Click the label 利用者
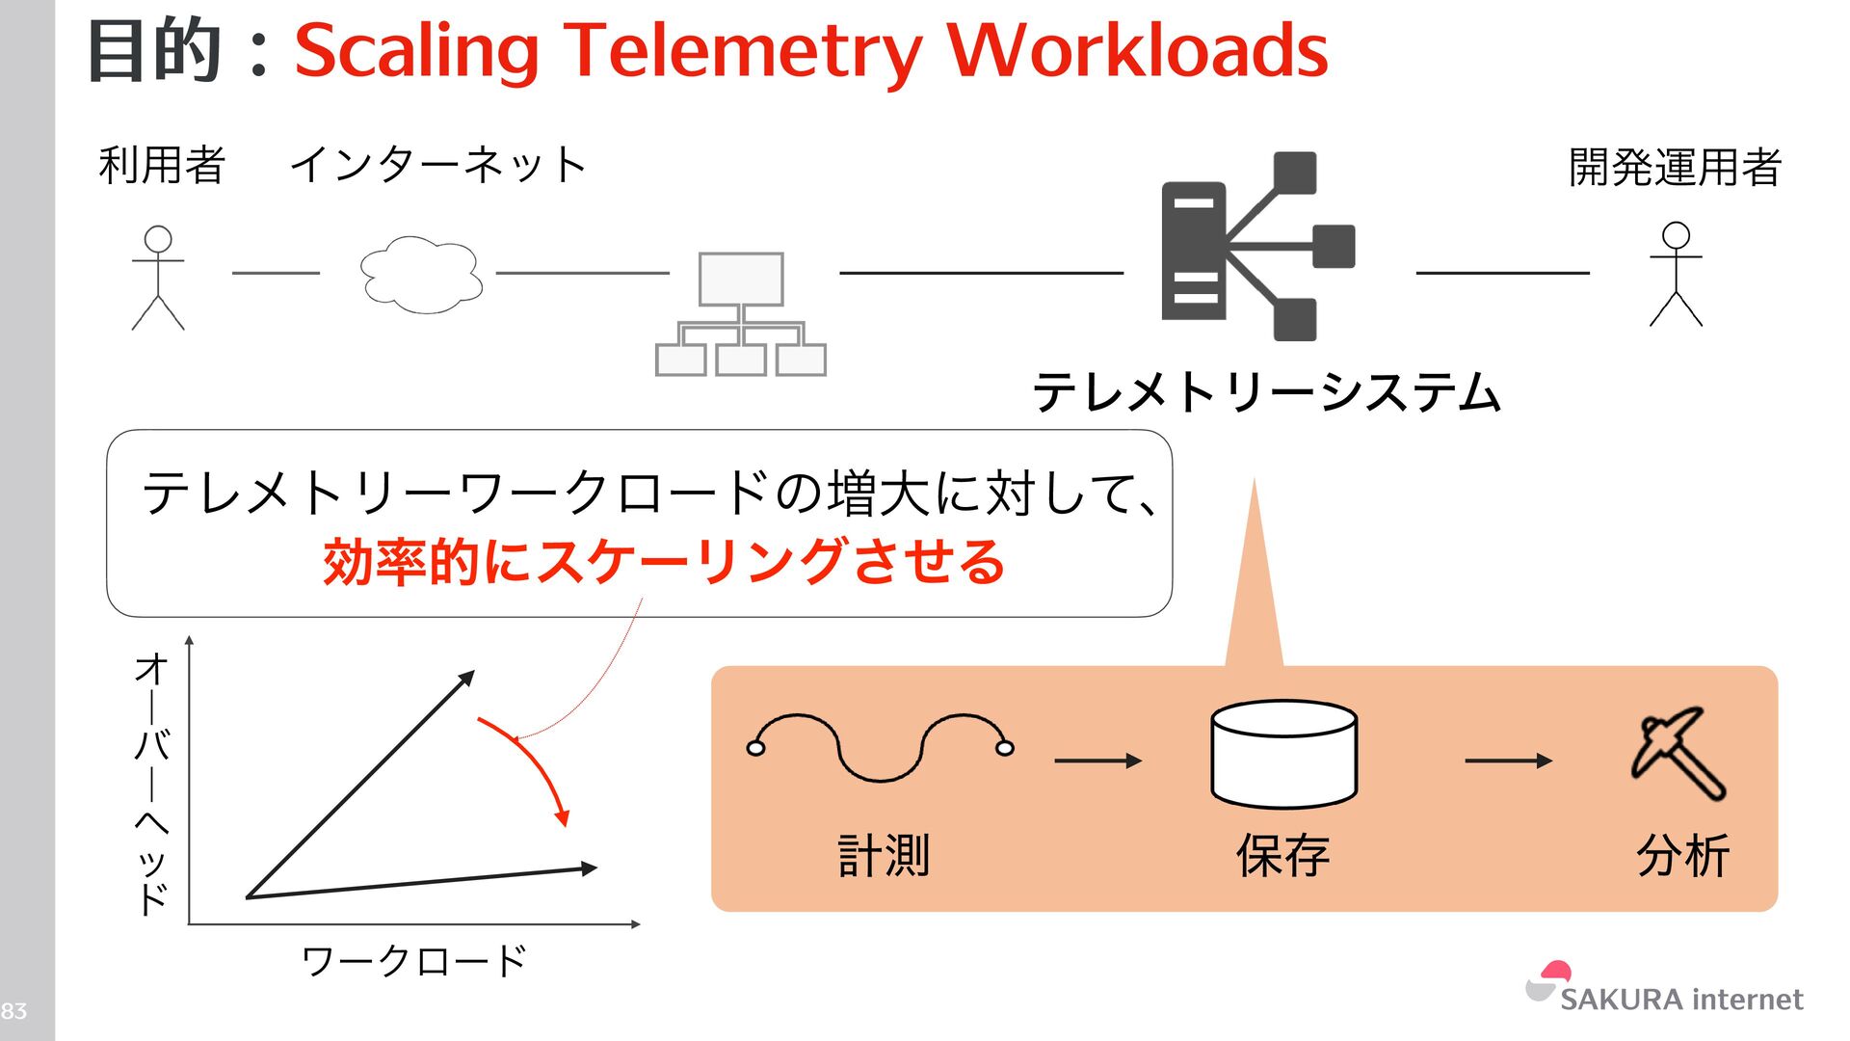(162, 165)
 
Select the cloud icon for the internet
(421, 275)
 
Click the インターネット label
(438, 165)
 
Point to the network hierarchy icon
(740, 314)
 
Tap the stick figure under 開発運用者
(1676, 275)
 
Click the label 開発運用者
(1675, 167)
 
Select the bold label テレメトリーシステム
(1266, 392)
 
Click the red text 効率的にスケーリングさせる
(664, 562)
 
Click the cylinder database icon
(1283, 754)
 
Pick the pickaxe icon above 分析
(1678, 753)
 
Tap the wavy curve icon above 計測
(880, 747)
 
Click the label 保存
(1282, 856)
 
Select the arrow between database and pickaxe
(1508, 761)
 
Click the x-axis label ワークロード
(414, 961)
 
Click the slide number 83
(13, 1011)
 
